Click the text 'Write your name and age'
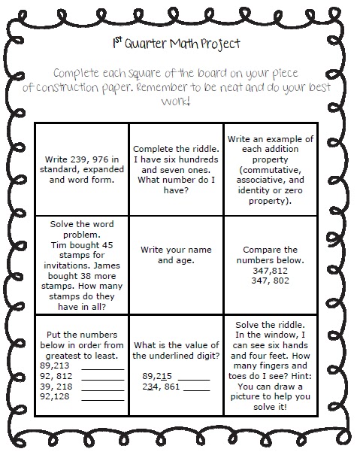coord(177,255)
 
